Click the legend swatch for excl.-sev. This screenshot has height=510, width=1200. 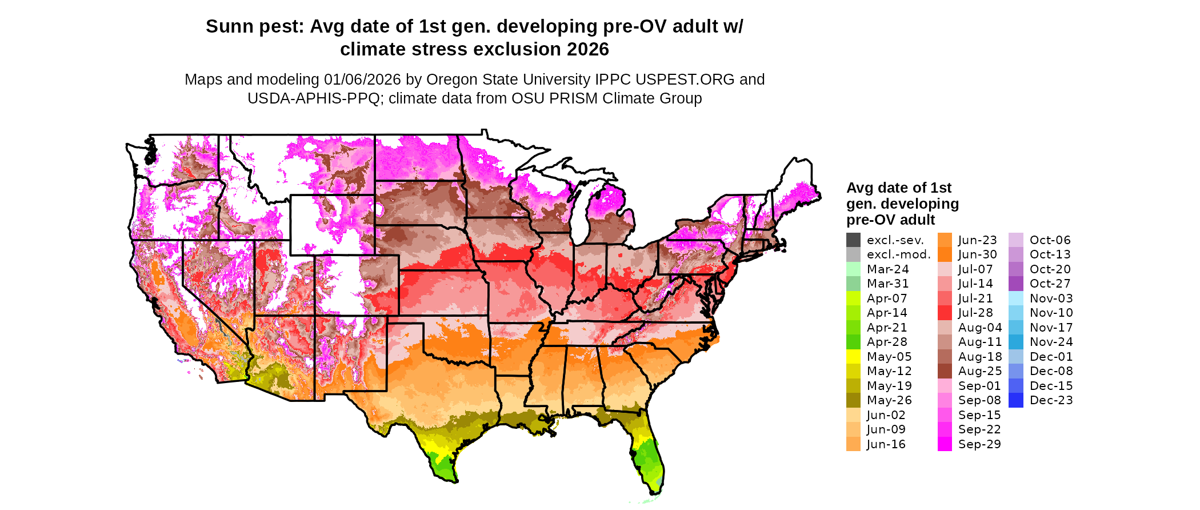point(853,240)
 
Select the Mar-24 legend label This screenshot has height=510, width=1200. point(887,269)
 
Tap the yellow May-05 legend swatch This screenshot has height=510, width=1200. point(853,357)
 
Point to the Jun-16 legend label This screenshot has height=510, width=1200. point(886,444)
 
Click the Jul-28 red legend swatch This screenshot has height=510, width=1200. point(945,313)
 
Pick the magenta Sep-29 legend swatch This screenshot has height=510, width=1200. point(945,444)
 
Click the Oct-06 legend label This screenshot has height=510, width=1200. point(1050,240)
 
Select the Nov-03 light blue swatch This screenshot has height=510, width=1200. point(1016,298)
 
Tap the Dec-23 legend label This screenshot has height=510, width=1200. point(1051,400)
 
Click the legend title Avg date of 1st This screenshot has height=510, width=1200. point(898,188)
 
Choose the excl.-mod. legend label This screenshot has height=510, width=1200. point(898,254)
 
